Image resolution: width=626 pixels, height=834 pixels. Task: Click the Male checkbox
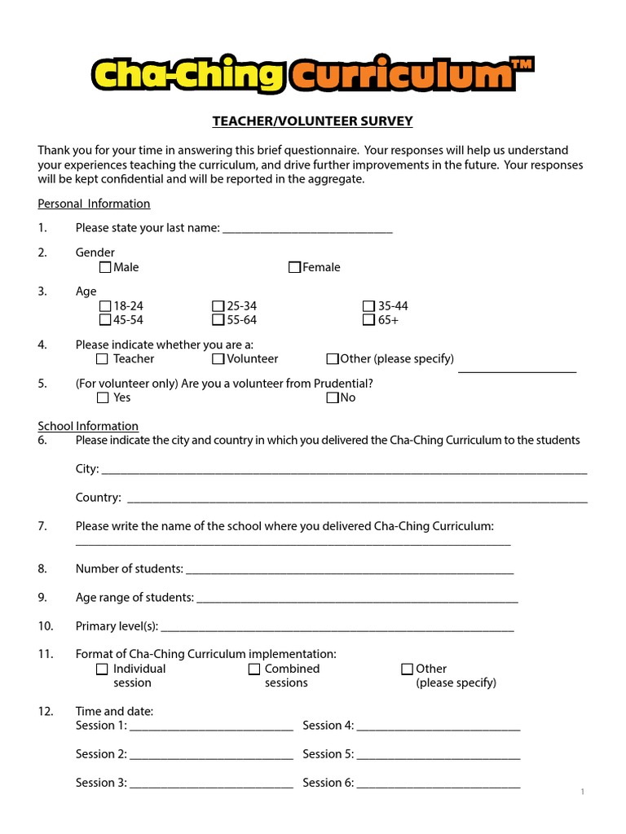105,267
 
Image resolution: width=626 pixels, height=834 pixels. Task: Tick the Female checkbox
294,267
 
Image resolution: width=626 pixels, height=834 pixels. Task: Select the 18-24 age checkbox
105,306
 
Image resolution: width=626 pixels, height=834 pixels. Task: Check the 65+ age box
369,320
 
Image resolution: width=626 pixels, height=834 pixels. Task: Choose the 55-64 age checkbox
218,320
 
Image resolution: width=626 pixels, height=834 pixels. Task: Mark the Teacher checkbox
102,359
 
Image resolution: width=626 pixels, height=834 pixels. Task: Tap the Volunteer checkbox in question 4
218,359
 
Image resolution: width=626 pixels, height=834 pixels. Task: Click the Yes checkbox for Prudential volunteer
102,398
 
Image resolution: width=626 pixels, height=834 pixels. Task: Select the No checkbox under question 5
332,398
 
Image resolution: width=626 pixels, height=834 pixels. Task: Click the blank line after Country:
357,499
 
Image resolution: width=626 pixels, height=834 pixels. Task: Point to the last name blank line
307,230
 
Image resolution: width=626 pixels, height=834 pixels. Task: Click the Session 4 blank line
439,727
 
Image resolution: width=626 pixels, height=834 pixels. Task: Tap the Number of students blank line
350,571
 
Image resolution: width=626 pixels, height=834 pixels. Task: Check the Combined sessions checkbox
254,669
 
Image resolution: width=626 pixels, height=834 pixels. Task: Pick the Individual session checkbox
102,669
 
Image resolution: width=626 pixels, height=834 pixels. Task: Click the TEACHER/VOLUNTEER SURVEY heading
313,121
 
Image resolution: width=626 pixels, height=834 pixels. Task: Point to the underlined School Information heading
88,426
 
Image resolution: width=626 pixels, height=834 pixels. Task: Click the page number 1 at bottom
583,792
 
